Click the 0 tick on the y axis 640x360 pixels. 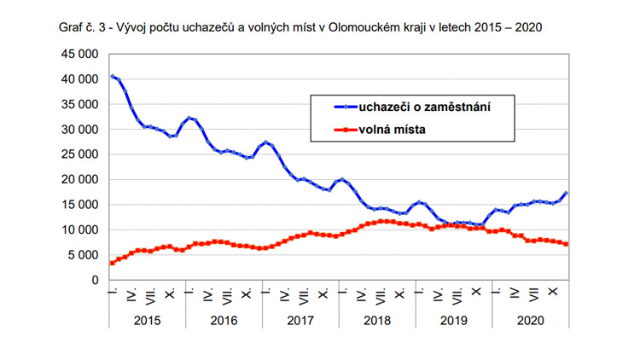[96, 280]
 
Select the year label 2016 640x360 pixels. [223, 319]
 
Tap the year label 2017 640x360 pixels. [300, 319]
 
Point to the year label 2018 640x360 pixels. [376, 319]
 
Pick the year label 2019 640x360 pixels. [453, 319]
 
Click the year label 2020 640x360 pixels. [530, 319]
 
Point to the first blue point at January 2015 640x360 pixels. [112, 76]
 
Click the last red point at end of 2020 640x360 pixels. [567, 245]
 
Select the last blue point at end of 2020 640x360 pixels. [567, 193]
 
